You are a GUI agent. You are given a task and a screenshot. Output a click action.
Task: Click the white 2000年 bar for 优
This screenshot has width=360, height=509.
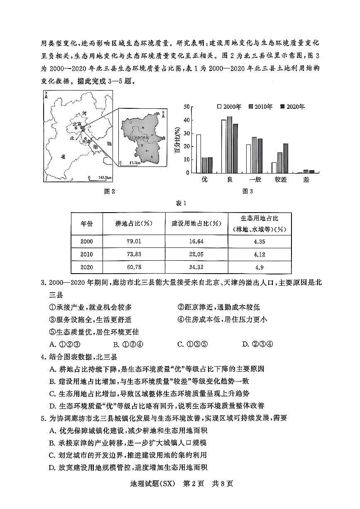198,154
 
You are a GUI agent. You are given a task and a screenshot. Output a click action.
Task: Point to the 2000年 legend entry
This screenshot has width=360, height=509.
229,107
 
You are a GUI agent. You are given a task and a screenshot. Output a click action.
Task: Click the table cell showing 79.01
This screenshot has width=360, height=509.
134,241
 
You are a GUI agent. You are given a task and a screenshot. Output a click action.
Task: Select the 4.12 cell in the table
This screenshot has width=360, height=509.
259,254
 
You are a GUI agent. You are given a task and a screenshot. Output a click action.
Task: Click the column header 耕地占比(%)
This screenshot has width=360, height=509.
134,223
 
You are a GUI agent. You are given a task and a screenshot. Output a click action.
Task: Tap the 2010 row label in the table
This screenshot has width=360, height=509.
87,254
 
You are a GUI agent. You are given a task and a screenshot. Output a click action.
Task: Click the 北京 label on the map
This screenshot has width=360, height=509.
76,124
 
